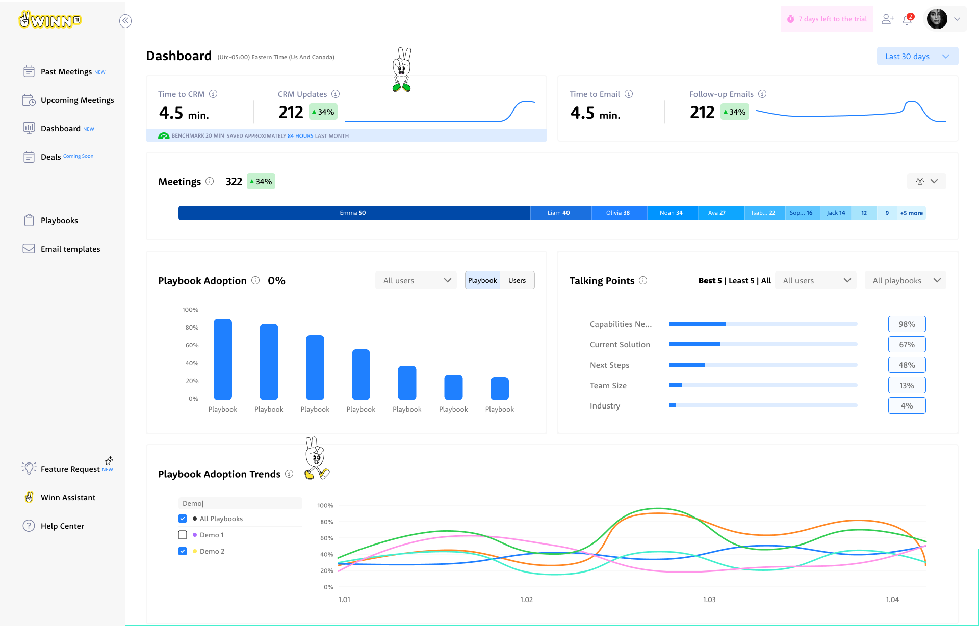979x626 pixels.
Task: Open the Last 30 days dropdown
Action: [917, 57]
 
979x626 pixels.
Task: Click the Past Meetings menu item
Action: [66, 72]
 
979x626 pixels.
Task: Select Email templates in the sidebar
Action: [70, 249]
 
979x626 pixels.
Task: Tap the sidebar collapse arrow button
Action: [125, 21]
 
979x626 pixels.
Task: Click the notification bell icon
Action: [907, 20]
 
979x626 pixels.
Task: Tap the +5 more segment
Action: [911, 213]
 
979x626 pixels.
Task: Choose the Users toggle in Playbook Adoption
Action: [517, 281]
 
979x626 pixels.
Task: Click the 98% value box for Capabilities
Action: [907, 324]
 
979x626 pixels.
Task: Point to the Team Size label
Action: [608, 386]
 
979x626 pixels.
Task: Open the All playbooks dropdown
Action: [905, 281]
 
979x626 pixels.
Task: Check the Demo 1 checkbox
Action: [183, 535]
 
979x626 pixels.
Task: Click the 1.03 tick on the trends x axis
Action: [709, 600]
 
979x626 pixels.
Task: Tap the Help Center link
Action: [62, 526]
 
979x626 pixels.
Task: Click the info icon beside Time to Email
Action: [629, 94]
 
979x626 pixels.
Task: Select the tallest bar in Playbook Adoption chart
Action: [223, 359]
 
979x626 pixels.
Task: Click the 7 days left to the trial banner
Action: [827, 19]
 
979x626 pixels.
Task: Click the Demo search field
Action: [240, 503]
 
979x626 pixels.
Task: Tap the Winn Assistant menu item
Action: [68, 498]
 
